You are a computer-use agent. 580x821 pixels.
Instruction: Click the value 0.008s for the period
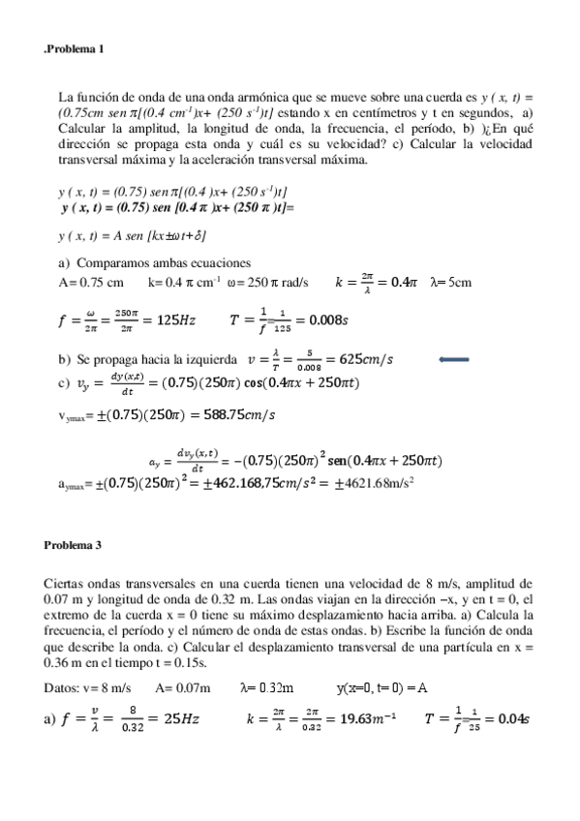[323, 319]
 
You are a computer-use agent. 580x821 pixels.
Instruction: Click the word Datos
[62, 688]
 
